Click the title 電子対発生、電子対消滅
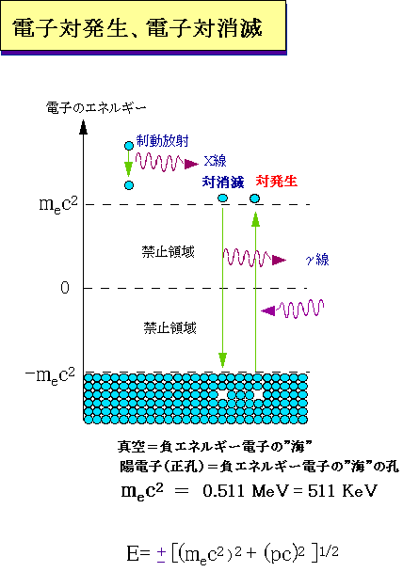[x=137, y=28]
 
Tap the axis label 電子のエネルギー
[x=96, y=108]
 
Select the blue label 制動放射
[x=163, y=141]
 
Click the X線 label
[x=215, y=161]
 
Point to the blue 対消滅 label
[x=223, y=182]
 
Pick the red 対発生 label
[x=276, y=182]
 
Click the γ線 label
[x=317, y=260]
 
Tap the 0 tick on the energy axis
[x=65, y=288]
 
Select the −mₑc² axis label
[x=50, y=375]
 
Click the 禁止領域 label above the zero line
[x=169, y=252]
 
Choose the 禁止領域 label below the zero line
[x=170, y=328]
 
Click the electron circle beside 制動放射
[x=129, y=146]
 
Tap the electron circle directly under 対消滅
[x=222, y=199]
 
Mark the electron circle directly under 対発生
[x=255, y=199]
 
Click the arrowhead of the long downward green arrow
[x=222, y=360]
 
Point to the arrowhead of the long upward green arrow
[x=255, y=219]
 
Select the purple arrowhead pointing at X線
[x=191, y=164]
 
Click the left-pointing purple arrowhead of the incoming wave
[x=268, y=310]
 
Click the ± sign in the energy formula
[x=161, y=555]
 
